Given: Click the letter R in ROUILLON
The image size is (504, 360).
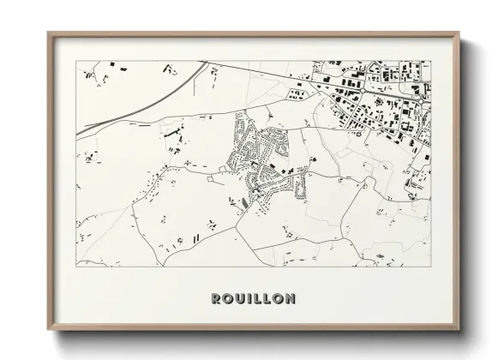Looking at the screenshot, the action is (216, 299).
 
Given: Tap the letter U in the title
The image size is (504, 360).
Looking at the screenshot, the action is (242, 299).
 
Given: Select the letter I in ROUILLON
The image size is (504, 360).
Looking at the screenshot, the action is (252, 299).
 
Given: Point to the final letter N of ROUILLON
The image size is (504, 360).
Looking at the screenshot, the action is (291, 299).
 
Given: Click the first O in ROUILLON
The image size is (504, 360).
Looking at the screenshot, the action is (229, 299).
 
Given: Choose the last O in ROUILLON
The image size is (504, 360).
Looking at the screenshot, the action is (279, 299).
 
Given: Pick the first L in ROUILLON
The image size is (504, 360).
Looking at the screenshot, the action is (260, 299).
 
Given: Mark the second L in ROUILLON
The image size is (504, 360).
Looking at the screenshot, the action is (268, 299).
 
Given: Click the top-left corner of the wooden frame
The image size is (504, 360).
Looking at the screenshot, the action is (48, 33).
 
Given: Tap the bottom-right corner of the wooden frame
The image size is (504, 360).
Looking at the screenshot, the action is (459, 331).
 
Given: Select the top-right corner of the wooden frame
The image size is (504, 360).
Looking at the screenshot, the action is (459, 33).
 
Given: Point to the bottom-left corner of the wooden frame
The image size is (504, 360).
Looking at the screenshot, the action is (48, 331).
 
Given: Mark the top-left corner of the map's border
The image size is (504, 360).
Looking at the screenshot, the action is (77, 61).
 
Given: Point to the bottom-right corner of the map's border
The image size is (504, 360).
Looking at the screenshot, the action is (430, 266).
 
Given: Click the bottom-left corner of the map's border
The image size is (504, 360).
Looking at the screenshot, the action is (77, 266).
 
